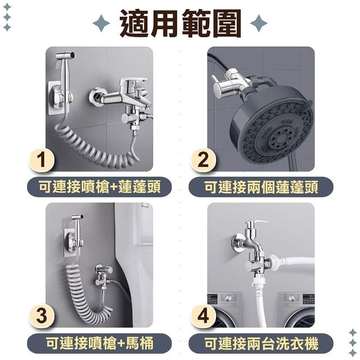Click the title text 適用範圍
[x=180, y=23]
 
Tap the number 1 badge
[x=42, y=160]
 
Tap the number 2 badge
[x=203, y=160]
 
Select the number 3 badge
[x=42, y=316]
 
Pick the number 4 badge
[x=203, y=316]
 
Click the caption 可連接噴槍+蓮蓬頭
[x=100, y=187]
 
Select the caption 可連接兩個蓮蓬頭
[x=261, y=187]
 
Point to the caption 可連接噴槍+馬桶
[x=100, y=343]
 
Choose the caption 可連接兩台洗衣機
[x=261, y=343]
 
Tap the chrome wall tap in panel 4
[x=249, y=238]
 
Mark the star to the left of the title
[x=101, y=23]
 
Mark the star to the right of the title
[x=259, y=23]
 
